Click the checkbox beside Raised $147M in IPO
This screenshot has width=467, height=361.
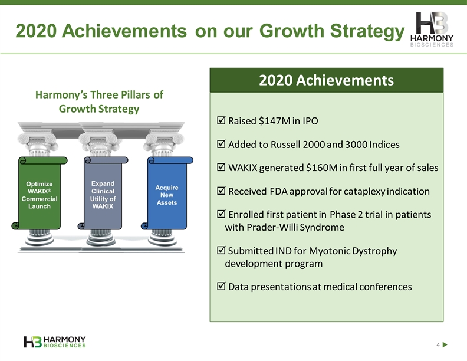click(221, 120)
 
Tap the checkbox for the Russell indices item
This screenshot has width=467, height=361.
click(221, 144)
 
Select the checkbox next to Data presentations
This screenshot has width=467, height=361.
click(221, 286)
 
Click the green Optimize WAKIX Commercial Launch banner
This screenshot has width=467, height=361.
click(40, 193)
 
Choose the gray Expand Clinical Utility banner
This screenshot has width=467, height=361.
click(103, 193)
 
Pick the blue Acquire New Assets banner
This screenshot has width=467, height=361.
click(167, 193)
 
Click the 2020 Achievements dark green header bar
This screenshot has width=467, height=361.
click(327, 80)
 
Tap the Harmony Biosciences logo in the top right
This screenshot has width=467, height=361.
click(432, 29)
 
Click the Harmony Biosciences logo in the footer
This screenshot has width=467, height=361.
click(54, 342)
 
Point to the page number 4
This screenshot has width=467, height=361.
click(438, 345)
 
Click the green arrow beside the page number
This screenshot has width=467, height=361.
click(445, 345)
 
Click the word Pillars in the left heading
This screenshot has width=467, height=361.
click(136, 95)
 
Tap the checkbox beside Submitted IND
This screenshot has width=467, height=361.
click(221, 250)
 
